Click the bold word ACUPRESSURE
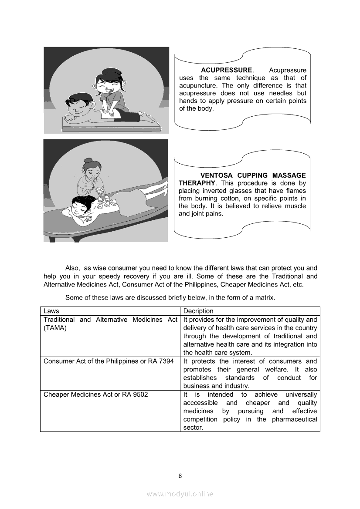click(226, 70)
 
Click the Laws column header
click(51, 311)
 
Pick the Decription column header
click(198, 311)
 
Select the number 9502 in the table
click(139, 394)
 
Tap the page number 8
click(180, 475)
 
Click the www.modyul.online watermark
click(180, 494)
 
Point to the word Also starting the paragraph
click(72, 268)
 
